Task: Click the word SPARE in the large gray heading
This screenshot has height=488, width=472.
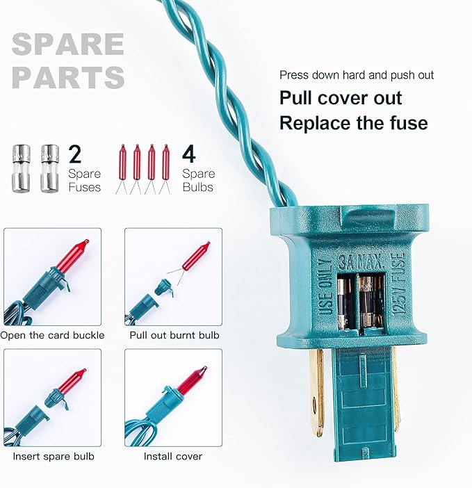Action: pos(68,44)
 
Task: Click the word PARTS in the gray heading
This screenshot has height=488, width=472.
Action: pos(68,77)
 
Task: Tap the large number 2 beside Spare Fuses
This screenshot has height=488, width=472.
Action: pos(75,154)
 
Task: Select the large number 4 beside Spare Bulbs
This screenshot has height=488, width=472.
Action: pos(189,154)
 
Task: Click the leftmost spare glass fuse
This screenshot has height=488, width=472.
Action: pos(21,168)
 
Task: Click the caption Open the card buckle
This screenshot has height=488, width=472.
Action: pos(52,335)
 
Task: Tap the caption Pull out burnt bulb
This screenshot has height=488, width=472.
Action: pos(174,335)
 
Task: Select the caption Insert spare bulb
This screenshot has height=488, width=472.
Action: pos(54,456)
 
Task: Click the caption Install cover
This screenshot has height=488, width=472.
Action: pos(172,456)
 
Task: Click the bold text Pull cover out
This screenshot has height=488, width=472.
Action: pos(341,98)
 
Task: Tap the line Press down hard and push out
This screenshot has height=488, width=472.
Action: pos(357,75)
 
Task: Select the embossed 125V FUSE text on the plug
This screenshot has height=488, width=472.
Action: pos(400,285)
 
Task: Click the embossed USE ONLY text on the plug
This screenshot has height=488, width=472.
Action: pos(325,288)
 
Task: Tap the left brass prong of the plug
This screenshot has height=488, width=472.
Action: pos(317,391)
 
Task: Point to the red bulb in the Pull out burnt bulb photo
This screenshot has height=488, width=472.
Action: pos(196,256)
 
